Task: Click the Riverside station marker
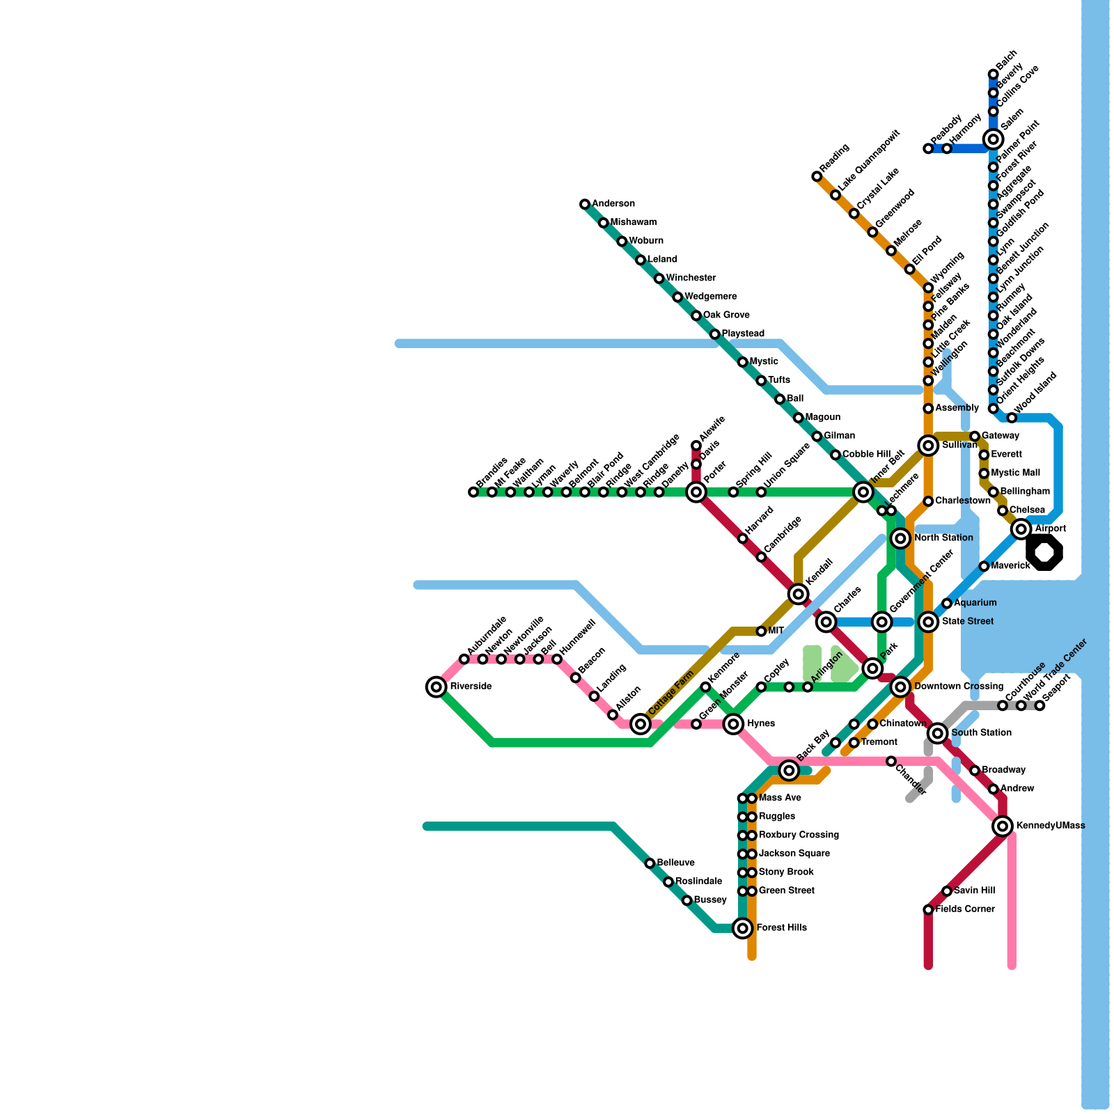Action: [x=437, y=687]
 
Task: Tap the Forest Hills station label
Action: [x=781, y=928]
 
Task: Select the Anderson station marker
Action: [x=585, y=204]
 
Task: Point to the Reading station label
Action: [x=834, y=159]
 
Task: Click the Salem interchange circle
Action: [x=994, y=139]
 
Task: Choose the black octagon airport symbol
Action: [x=1044, y=553]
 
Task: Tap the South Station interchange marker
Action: [x=938, y=732]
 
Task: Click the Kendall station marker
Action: [x=799, y=594]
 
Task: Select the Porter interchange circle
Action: [x=696, y=492]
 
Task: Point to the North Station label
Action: [x=943, y=538]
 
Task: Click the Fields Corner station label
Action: [x=964, y=909]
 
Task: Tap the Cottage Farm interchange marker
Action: [x=641, y=724]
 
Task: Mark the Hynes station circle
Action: [x=733, y=724]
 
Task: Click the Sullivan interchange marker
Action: [x=928, y=446]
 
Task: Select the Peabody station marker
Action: [x=928, y=148]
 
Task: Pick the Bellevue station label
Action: [x=675, y=863]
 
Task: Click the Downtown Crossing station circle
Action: [x=901, y=687]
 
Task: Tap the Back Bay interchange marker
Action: [x=789, y=770]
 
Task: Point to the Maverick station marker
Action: [x=984, y=566]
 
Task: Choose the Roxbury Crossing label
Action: [x=799, y=835]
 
